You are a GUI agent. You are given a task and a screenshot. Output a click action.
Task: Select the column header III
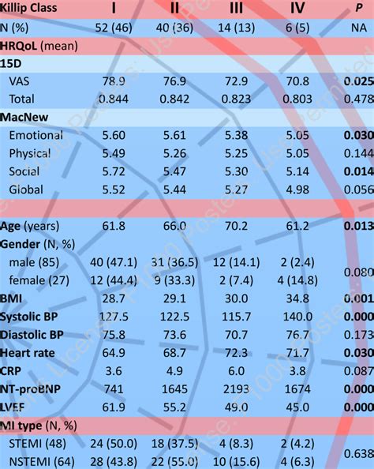pos(236,9)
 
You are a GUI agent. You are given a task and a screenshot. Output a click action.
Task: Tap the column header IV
pos(297,9)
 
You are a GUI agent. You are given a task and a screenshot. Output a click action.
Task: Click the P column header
pos(359,9)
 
